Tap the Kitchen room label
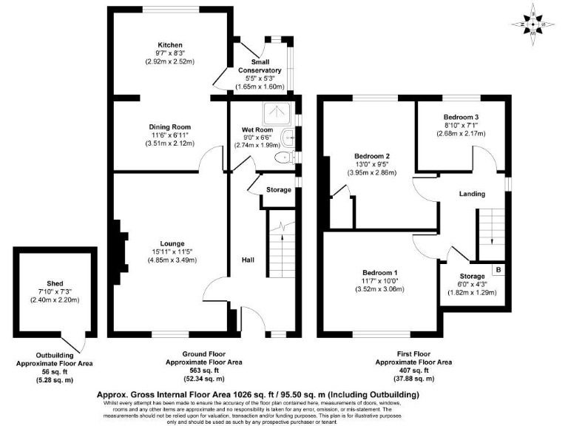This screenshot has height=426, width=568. (169, 45)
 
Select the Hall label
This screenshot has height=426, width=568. (248, 260)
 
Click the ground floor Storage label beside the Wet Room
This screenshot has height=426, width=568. (278, 190)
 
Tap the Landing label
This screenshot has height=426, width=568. (471, 194)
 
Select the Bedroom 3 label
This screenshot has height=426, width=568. (461, 117)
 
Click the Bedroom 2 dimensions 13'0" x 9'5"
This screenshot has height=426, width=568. (372, 165)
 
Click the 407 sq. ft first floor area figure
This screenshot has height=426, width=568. (413, 372)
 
